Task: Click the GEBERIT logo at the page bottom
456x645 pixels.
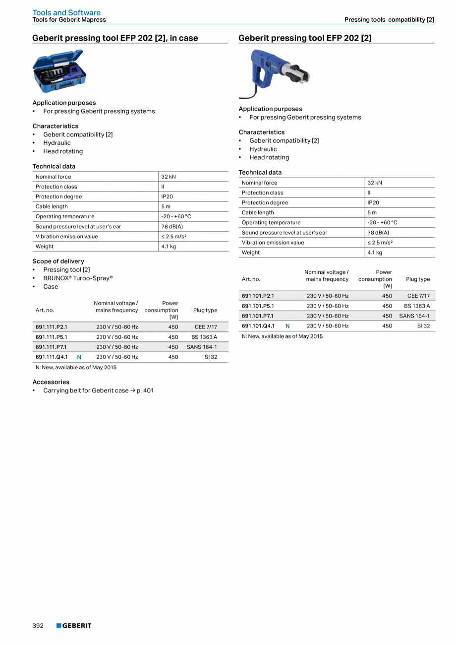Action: click(x=74, y=626)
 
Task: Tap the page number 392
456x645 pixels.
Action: click(x=38, y=626)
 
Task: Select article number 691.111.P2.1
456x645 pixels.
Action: click(x=51, y=327)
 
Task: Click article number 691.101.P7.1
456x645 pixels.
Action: click(x=257, y=316)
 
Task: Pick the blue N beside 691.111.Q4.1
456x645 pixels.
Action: click(x=79, y=357)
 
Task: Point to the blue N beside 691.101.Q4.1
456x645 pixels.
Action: click(x=287, y=326)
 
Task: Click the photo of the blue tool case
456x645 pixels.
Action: click(x=59, y=71)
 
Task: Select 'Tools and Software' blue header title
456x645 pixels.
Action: click(x=66, y=12)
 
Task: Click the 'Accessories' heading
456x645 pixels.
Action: click(x=51, y=382)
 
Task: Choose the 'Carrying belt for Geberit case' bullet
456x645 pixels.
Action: click(x=98, y=390)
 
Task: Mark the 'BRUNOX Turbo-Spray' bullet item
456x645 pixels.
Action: click(x=78, y=278)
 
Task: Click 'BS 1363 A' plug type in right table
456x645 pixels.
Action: click(x=417, y=306)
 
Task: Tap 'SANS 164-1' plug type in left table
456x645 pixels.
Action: click(x=202, y=347)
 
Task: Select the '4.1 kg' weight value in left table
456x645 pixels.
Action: click(x=169, y=247)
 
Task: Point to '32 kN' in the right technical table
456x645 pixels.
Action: click(x=375, y=183)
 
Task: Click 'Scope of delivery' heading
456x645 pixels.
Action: click(x=58, y=261)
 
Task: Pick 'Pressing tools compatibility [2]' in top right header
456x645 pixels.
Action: click(x=389, y=20)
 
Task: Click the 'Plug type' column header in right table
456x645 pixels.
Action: click(x=417, y=279)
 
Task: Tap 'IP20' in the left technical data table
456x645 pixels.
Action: click(x=167, y=196)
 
